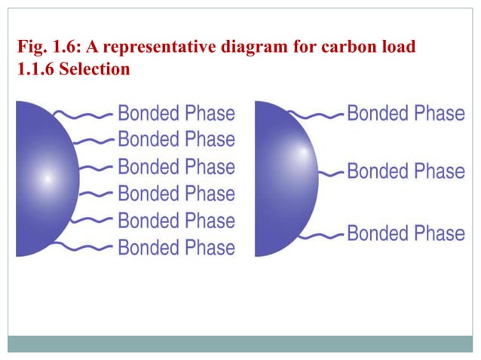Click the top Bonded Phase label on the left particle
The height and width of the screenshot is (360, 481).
(176, 114)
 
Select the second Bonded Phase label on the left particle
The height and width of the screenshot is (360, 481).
(176, 139)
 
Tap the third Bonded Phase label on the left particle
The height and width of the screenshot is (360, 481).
(176, 166)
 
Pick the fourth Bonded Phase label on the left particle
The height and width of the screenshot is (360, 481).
(176, 194)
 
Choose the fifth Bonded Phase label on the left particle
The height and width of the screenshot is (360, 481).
(176, 221)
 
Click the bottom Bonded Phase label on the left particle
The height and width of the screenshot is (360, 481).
(176, 247)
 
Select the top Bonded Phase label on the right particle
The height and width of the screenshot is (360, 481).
(406, 114)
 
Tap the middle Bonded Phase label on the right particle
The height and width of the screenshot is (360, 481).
(406, 171)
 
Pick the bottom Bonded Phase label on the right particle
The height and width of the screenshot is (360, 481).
(406, 232)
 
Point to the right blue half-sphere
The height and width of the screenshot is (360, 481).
(283, 178)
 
